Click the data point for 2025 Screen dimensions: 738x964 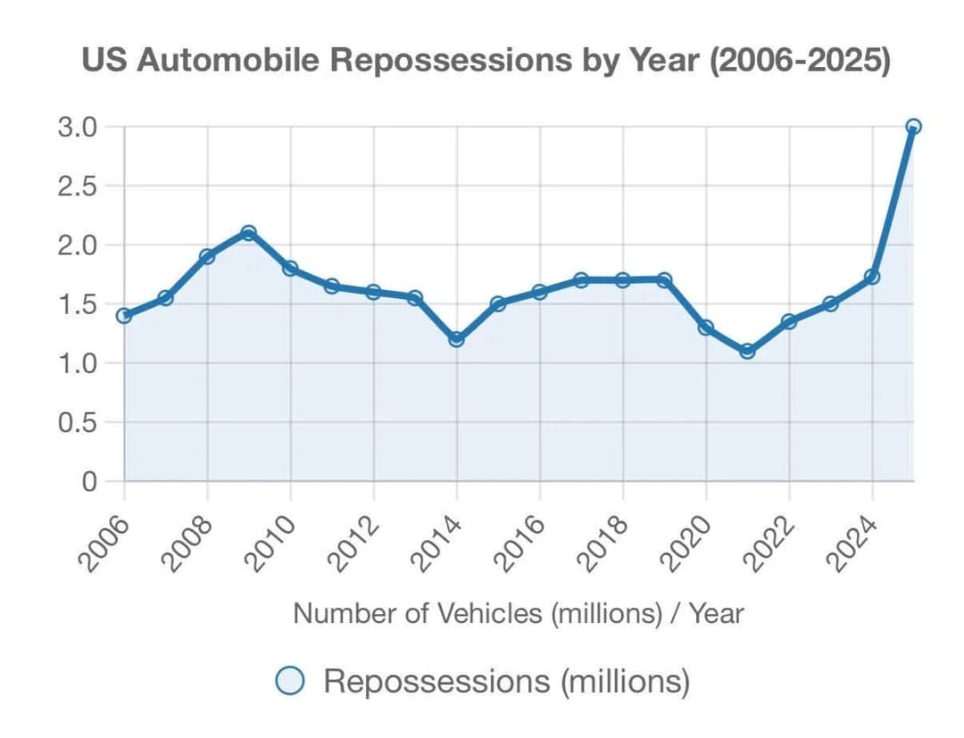pos(913,127)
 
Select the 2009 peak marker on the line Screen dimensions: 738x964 pos(249,233)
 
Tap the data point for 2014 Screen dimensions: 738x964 pos(456,339)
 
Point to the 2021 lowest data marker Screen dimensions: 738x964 pos(747,351)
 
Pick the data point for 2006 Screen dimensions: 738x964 pos(124,315)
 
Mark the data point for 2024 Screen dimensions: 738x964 pos(872,277)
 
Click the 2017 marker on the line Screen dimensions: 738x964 pos(581,280)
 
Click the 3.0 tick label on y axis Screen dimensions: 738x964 pos(77,127)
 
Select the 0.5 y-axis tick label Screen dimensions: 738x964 pos(77,422)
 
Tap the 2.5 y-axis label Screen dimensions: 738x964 pos(77,186)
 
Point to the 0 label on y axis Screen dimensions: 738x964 pos(89,481)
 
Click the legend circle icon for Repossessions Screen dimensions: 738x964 pos(291,682)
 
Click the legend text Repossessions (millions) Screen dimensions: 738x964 pos(507,682)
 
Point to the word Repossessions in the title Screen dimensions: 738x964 pos(448,62)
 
